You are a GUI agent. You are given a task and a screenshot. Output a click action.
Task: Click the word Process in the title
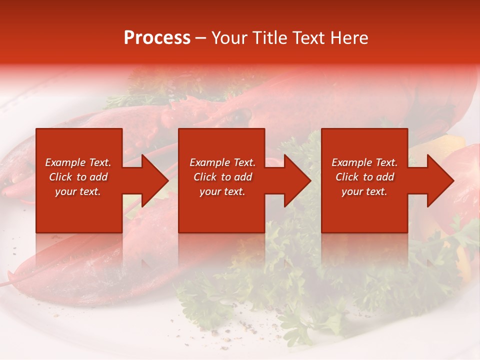[157, 38]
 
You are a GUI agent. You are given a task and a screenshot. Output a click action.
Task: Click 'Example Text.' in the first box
[78, 162]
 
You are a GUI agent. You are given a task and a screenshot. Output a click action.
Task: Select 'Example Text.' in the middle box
[222, 162]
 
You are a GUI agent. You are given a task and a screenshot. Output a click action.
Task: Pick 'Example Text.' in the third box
[364, 162]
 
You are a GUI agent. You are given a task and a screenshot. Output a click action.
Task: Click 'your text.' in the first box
[78, 191]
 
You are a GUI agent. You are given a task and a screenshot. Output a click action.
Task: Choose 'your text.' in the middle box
[222, 191]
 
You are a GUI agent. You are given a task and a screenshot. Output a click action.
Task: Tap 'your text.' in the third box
[364, 191]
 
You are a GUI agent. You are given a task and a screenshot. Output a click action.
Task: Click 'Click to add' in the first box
[78, 177]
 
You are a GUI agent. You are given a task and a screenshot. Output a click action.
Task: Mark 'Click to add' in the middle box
[222, 177]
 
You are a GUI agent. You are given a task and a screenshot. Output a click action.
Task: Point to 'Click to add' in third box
[364, 177]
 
